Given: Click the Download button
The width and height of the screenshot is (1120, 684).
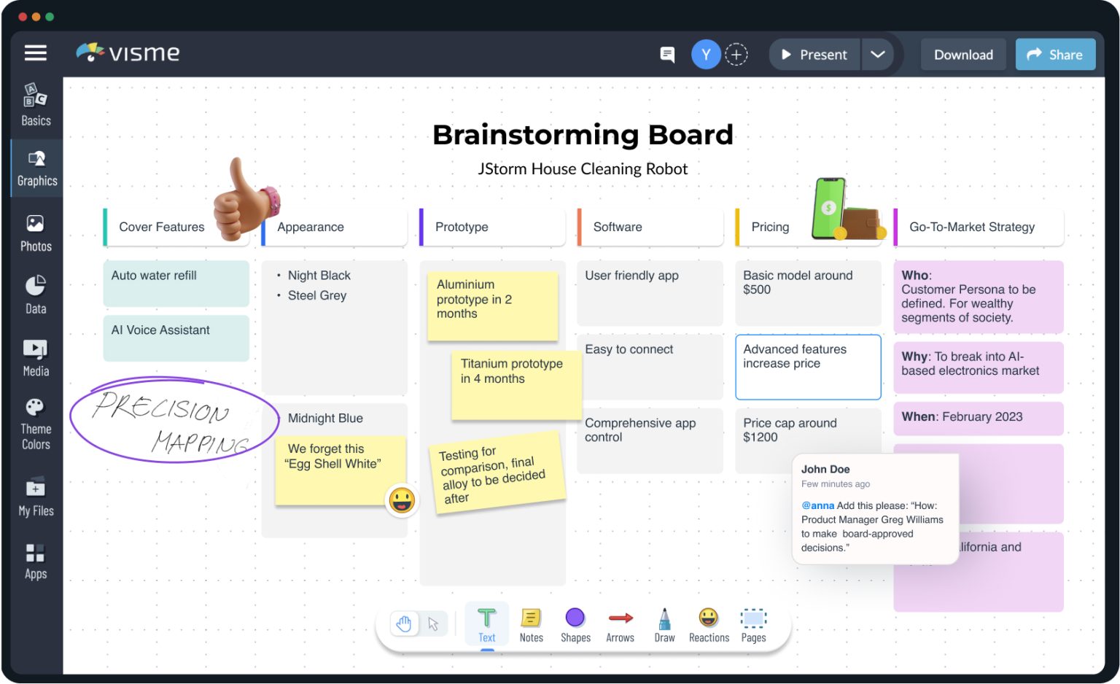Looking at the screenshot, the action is [962, 55].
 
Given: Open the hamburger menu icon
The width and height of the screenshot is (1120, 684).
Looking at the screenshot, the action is [36, 53].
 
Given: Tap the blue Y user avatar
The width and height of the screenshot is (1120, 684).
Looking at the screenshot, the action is [705, 55].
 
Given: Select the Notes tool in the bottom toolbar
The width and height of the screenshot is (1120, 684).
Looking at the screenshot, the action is [531, 626].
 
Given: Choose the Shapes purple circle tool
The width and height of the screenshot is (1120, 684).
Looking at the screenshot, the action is [575, 626].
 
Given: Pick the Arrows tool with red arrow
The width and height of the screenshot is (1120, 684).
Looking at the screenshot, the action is [620, 626].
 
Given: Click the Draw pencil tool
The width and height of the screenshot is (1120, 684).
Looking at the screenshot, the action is [664, 626].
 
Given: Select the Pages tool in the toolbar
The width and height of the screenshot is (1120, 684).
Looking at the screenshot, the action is [753, 626].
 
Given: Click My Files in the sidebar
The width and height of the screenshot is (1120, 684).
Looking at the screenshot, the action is [36, 496].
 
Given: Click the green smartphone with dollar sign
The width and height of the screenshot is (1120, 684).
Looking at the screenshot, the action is [830, 207].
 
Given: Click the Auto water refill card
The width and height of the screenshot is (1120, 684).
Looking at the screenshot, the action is [176, 283].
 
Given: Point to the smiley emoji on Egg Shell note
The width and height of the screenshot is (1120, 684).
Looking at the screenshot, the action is [402, 500].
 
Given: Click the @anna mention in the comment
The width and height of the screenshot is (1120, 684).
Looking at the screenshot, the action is [817, 505].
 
